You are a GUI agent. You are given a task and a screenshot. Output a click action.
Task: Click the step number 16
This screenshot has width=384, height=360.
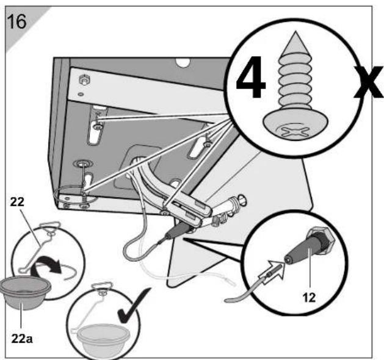point(16,21)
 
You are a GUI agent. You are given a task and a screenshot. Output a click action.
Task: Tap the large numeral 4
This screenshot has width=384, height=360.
point(250,77)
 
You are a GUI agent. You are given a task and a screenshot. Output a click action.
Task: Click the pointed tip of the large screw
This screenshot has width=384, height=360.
point(295,32)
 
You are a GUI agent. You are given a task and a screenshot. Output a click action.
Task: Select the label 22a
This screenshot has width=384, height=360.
point(22,339)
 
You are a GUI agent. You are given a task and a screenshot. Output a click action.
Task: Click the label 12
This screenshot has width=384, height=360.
point(309,298)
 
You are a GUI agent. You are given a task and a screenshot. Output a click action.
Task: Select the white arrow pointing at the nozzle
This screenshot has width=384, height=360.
point(271,272)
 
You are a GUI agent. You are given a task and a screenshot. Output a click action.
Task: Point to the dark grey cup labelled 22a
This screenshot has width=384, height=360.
point(25,292)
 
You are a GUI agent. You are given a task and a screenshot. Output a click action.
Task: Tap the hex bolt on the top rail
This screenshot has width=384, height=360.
point(84,80)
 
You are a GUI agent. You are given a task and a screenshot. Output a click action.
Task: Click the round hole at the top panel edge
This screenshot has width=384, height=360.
point(183,62)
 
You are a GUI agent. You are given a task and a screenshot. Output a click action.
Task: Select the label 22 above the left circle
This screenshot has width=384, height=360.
point(17,202)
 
